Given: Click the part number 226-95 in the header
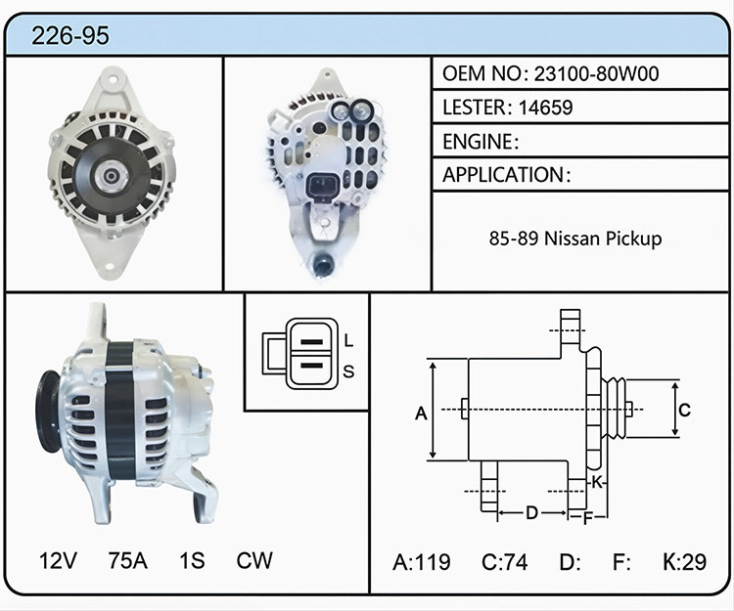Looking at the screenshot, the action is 70,35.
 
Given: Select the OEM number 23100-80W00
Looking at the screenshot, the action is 596,74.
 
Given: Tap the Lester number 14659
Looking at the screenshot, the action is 545,108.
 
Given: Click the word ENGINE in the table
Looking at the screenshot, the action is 478,142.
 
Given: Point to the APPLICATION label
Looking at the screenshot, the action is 503,175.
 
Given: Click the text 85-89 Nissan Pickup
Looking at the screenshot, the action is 575,239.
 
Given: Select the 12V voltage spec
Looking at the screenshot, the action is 58,560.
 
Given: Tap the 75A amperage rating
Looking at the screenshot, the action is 128,560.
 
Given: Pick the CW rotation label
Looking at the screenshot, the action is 254,560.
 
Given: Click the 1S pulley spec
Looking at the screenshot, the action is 192,560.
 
